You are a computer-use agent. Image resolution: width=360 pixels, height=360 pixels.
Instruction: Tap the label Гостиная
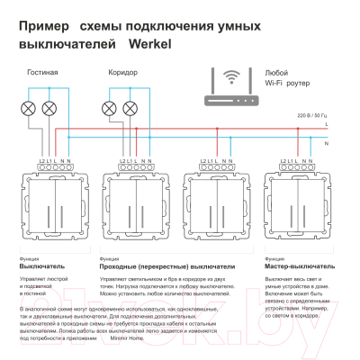43,71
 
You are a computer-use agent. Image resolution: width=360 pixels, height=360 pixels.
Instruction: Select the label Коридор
122,71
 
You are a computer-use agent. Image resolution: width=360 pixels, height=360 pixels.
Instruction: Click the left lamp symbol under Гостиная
28,108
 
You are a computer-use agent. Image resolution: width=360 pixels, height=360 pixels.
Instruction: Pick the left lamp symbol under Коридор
110,108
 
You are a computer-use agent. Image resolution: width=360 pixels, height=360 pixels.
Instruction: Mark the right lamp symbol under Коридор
130,108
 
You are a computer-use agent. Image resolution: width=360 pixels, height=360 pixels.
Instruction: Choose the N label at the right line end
326,142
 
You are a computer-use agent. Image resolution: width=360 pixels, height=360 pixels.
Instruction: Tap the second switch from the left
134,212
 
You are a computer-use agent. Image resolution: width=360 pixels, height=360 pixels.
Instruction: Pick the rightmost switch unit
298,212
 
